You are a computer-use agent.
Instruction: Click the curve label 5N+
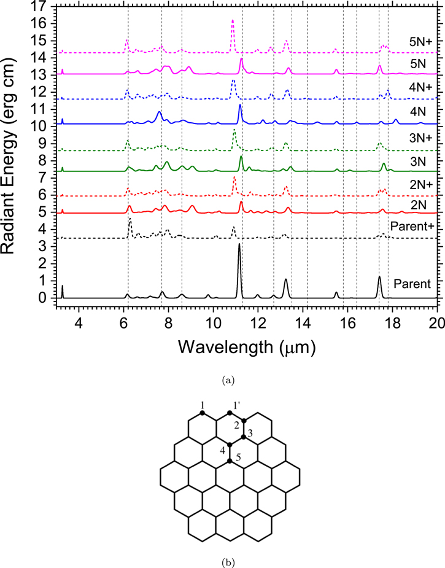coord(420,42)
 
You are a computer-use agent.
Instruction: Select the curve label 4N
coord(417,112)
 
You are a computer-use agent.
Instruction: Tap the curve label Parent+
coord(412,226)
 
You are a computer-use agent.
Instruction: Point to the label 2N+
coord(420,184)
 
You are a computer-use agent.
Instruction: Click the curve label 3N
coord(417,161)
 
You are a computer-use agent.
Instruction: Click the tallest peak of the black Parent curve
coord(239,244)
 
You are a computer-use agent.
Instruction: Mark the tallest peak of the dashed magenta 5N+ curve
coord(233,21)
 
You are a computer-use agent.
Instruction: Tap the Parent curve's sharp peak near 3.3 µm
coord(62,286)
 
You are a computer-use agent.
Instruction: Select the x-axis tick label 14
coord(303,322)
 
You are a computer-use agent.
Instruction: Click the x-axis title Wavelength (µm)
coord(247,347)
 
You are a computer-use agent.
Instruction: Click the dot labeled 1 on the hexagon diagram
coord(202,413)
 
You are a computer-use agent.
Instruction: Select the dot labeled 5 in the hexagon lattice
coord(230,461)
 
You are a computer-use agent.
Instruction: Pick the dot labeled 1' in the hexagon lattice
coord(230,413)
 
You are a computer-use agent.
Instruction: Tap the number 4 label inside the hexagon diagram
coord(223,450)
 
